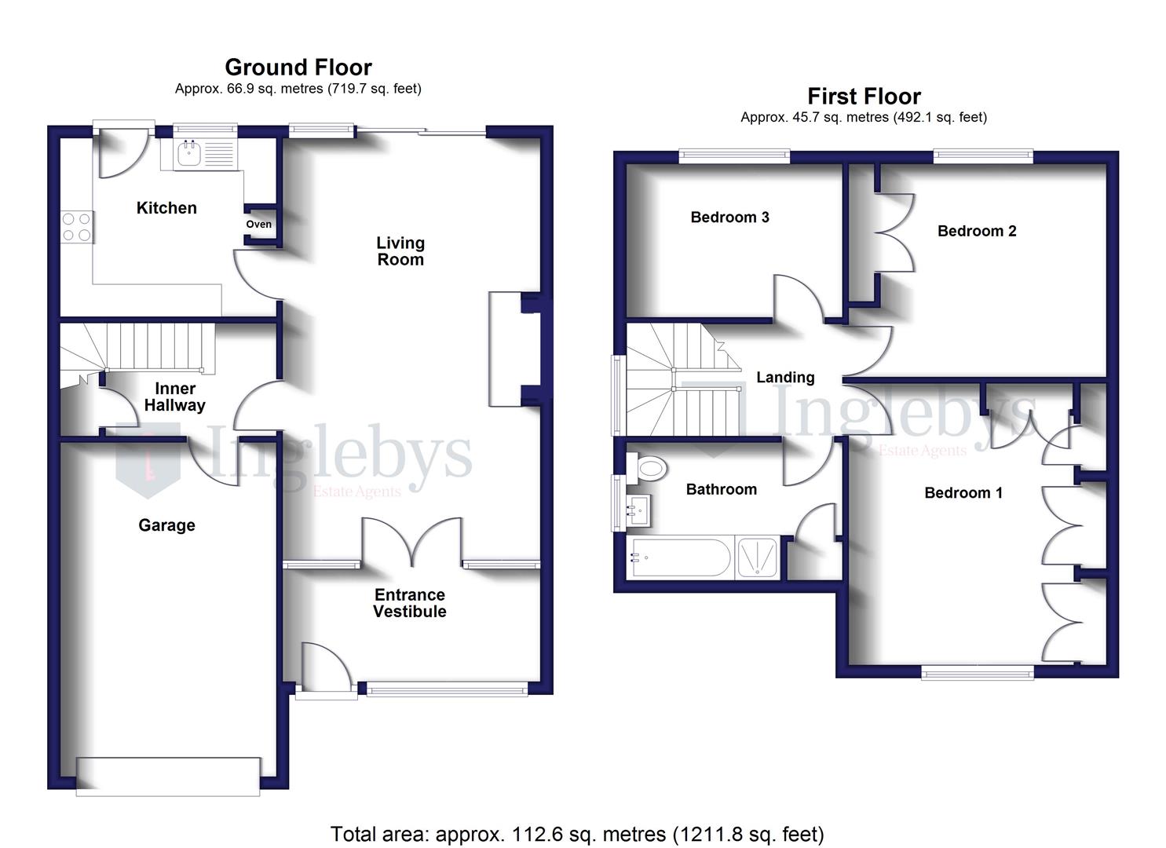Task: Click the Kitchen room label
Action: [x=166, y=208]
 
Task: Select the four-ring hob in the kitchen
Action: [x=77, y=227]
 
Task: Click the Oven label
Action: [x=258, y=225]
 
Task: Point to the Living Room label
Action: [x=400, y=251]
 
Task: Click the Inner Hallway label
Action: [x=175, y=397]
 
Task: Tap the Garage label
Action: [x=166, y=525]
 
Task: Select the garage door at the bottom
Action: [x=168, y=777]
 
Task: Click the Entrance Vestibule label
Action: [x=410, y=603]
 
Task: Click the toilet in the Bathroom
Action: [x=649, y=470]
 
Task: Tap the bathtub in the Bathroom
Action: [x=681, y=558]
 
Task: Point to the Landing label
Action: [x=785, y=378]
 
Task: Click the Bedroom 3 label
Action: [x=729, y=217]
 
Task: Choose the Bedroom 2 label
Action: [x=977, y=231]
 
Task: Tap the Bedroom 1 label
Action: [x=963, y=493]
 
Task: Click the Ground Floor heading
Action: [x=298, y=68]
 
